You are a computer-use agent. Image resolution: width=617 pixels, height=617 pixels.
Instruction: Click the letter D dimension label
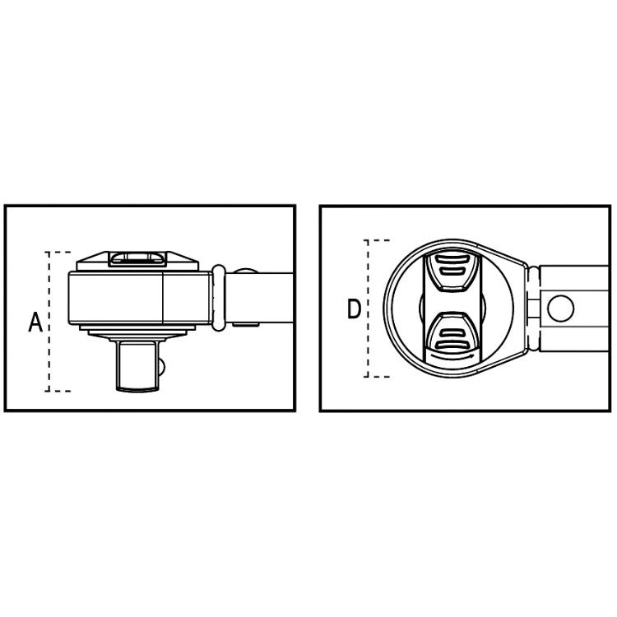pyautogui.click(x=354, y=309)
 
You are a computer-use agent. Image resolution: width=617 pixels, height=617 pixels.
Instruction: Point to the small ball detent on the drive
pyautogui.click(x=163, y=364)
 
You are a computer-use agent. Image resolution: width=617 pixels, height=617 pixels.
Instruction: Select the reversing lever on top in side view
pyautogui.click(x=137, y=259)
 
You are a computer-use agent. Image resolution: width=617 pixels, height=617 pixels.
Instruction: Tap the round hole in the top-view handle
pyautogui.click(x=562, y=308)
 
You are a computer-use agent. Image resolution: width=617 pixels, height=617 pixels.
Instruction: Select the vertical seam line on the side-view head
pyautogui.click(x=163, y=297)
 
